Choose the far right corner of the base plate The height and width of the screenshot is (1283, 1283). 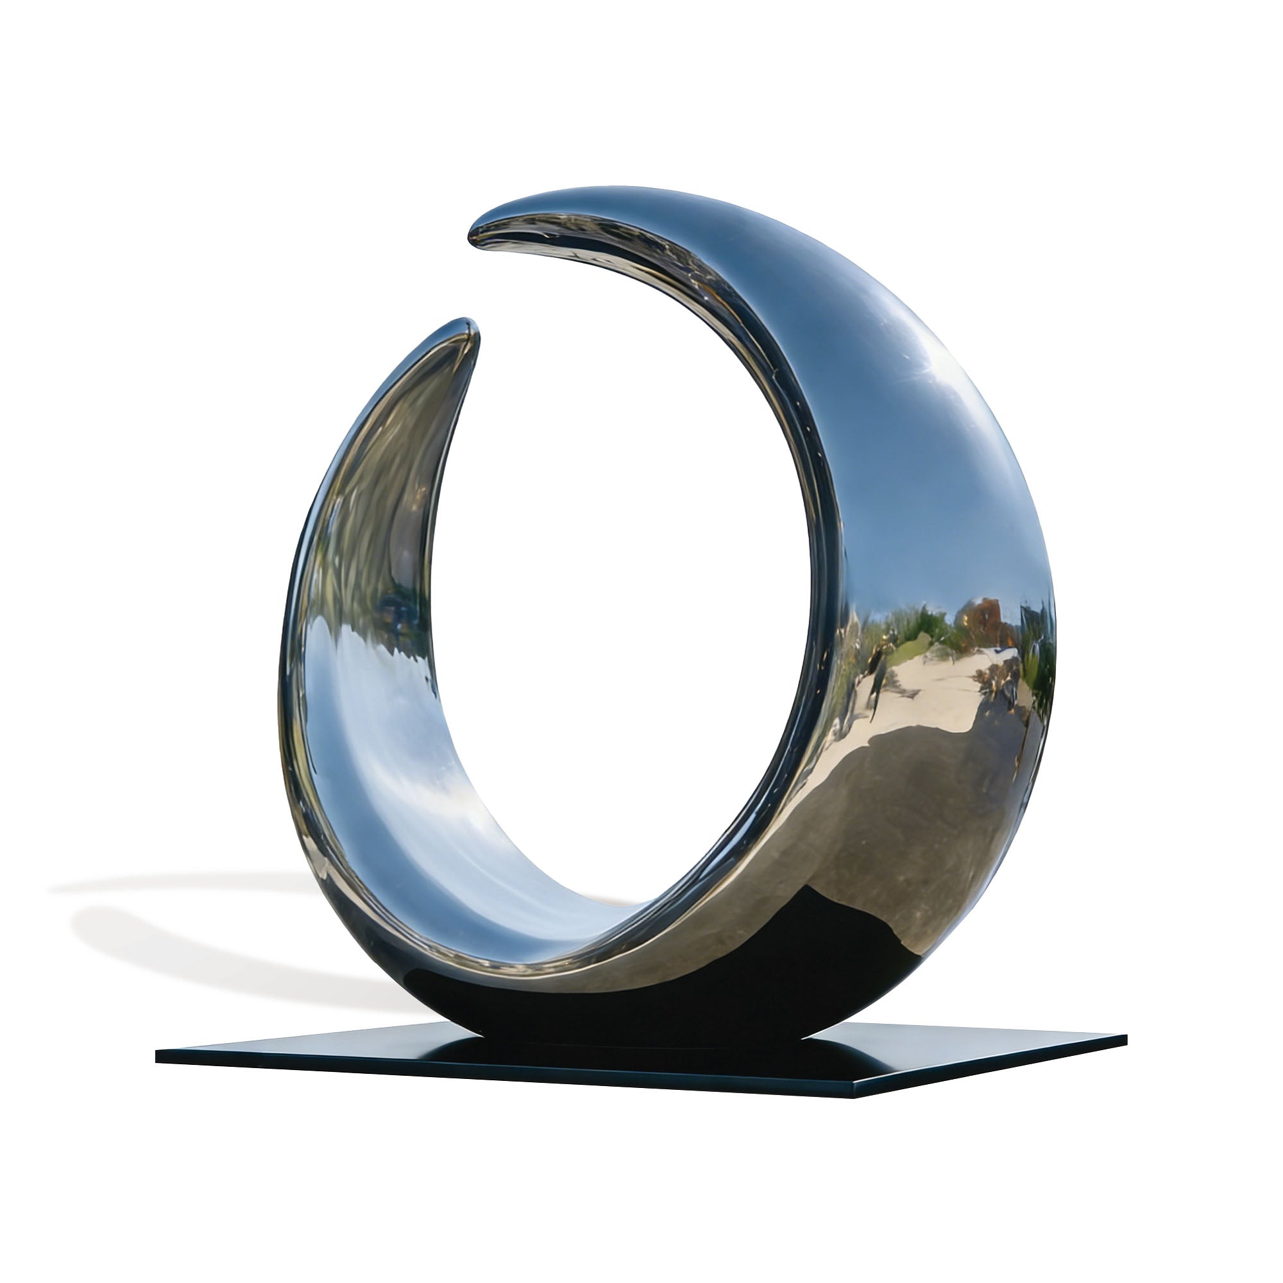(x=1125, y=1040)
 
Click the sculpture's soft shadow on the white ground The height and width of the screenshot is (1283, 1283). (x=200, y=930)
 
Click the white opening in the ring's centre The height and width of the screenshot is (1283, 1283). (x=618, y=598)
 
